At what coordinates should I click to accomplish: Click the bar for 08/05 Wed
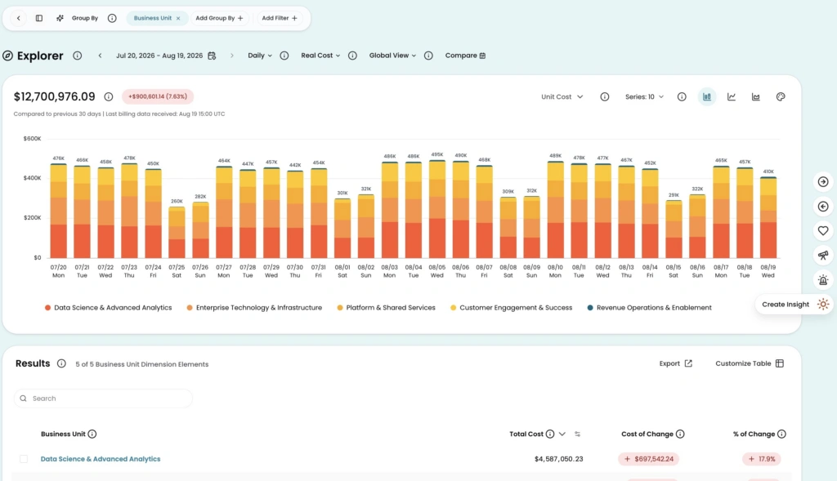click(x=436, y=209)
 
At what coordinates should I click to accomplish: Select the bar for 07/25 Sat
click(x=177, y=233)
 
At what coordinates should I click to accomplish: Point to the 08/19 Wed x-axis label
click(x=768, y=271)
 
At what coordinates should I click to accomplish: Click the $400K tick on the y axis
click(x=32, y=178)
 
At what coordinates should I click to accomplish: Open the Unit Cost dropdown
click(x=562, y=97)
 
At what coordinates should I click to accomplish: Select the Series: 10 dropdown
click(x=644, y=97)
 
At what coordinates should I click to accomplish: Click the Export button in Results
click(x=675, y=363)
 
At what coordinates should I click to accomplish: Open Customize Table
click(x=750, y=363)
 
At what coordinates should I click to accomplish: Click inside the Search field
click(x=103, y=399)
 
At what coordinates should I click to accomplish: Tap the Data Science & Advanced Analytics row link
click(x=101, y=459)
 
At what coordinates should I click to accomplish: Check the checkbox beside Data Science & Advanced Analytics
click(x=24, y=459)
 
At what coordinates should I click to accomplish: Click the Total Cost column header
click(x=526, y=434)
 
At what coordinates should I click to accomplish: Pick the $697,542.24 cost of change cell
click(x=648, y=459)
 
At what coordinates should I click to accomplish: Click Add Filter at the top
click(x=280, y=18)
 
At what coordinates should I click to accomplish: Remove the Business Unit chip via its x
click(x=178, y=18)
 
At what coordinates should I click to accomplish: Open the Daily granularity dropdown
click(x=260, y=56)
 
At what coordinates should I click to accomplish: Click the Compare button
click(x=465, y=56)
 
